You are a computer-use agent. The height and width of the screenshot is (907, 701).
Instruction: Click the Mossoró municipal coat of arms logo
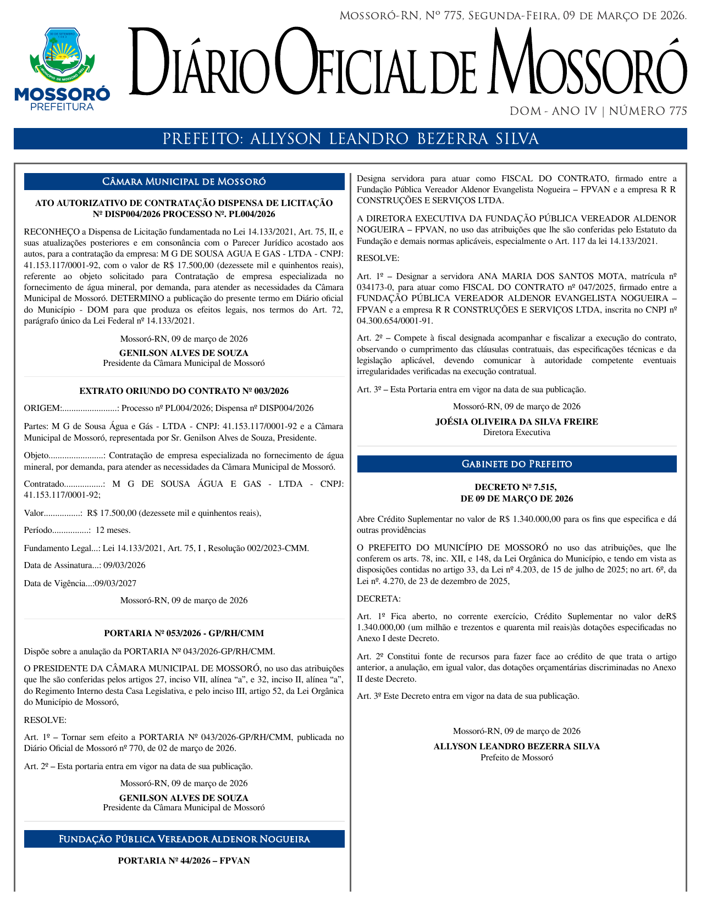(x=62, y=54)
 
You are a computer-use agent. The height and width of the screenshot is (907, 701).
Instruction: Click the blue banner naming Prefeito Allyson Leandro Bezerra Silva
(x=350, y=139)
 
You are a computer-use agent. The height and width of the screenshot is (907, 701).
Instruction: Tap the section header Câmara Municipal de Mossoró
(x=184, y=182)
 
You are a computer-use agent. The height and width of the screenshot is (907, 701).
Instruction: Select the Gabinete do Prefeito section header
(x=516, y=464)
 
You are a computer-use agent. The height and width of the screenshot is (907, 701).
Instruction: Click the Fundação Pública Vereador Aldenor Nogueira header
(x=184, y=839)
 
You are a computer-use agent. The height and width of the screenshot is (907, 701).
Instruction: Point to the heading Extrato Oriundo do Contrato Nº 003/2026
(x=184, y=391)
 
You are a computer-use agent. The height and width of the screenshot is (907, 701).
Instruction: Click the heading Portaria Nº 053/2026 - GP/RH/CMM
(x=184, y=633)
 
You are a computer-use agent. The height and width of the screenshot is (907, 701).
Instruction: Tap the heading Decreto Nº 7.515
(x=516, y=487)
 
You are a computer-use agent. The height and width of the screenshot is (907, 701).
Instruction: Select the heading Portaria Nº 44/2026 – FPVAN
(x=184, y=860)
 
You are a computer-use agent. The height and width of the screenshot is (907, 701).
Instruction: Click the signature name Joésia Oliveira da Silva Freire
(x=516, y=422)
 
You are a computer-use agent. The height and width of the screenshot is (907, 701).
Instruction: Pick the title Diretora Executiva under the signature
(x=516, y=432)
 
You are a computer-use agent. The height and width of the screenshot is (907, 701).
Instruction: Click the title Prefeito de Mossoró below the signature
(x=516, y=758)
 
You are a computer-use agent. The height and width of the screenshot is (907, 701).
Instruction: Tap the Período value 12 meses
(x=113, y=530)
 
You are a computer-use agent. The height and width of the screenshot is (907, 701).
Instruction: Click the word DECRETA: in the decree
(x=379, y=598)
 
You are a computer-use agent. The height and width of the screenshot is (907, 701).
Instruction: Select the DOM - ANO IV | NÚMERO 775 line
(x=598, y=112)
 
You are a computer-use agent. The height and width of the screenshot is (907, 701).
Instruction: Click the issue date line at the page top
(x=513, y=16)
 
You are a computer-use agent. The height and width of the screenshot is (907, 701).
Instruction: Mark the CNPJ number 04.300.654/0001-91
(x=395, y=321)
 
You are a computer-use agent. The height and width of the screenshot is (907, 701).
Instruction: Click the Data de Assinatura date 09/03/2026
(x=125, y=565)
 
